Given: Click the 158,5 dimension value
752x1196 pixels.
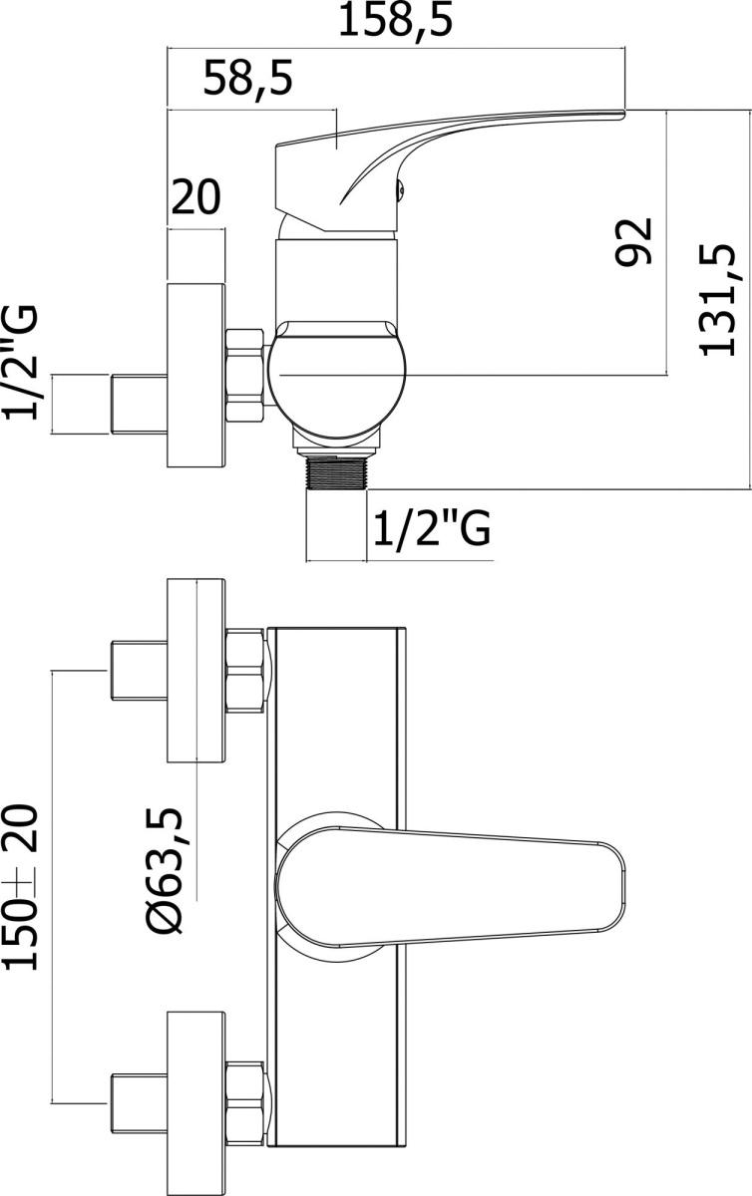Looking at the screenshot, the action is (x=396, y=20).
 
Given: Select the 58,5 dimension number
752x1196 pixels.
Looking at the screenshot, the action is (x=248, y=79).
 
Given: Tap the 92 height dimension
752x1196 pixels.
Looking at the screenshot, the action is (x=634, y=241).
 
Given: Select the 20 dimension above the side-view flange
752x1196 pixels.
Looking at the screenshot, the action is (x=195, y=196).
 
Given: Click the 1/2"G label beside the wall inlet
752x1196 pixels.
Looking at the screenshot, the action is (x=21, y=363).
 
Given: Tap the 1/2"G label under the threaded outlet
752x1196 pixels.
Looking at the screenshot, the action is (x=432, y=528).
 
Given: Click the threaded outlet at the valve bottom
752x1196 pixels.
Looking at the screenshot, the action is (x=336, y=471).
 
